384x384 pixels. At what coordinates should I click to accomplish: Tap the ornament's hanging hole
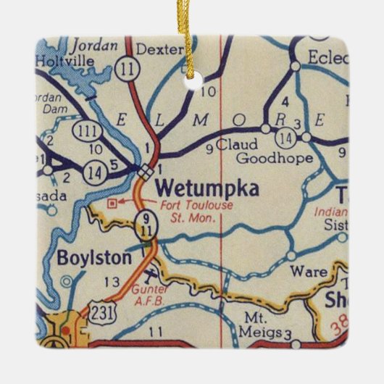(x=191, y=83)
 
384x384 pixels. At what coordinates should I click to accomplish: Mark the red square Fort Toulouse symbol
(x=112, y=204)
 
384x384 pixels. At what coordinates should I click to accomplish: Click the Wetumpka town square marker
(x=146, y=171)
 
